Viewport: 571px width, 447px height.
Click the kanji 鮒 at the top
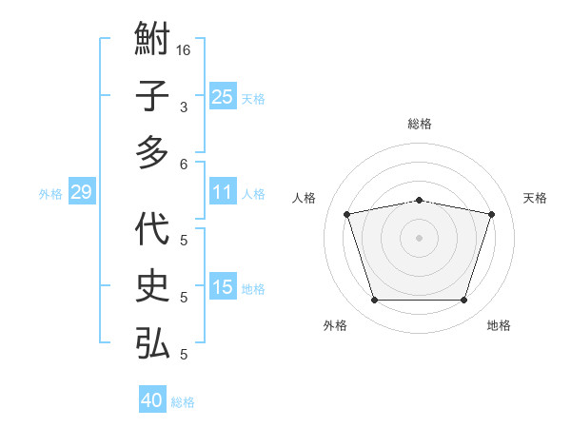[x=152, y=42]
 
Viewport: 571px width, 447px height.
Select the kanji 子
[x=152, y=97]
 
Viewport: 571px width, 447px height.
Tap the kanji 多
[x=152, y=151]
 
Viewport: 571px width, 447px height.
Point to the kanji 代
[x=152, y=230]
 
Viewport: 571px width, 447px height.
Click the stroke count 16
[x=184, y=49]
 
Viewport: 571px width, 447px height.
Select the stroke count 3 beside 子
[x=184, y=107]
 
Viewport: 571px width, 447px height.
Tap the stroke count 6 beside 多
[x=184, y=164]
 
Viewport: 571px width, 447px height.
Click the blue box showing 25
[x=222, y=96]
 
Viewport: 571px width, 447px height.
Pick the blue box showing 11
[x=222, y=192]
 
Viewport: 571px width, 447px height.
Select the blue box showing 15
[x=222, y=287]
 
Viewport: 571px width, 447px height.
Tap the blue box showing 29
[x=81, y=192]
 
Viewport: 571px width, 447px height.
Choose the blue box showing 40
[x=152, y=400]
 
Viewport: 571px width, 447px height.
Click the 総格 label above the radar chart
[x=419, y=124]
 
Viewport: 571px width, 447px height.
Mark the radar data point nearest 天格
[x=491, y=215]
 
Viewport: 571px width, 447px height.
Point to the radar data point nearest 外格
[x=374, y=301]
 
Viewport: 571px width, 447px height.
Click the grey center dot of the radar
[x=419, y=238]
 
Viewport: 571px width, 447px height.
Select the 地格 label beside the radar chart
[x=499, y=326]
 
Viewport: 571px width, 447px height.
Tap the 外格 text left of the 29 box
[x=50, y=194]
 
